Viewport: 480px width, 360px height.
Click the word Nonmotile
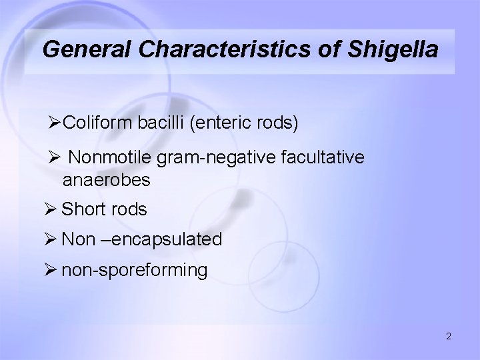pos(111,157)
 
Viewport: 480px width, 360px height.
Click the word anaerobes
pos(106,180)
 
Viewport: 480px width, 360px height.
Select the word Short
pos(82,209)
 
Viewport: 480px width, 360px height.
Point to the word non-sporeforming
pos(134,271)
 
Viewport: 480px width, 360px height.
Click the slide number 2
pos(449,337)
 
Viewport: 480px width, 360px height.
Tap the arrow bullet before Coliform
pos(55,123)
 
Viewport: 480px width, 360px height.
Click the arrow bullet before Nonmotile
pos(55,157)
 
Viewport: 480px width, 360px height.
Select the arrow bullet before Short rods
pos(52,209)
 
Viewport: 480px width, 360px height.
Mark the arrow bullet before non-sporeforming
pos(52,271)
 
